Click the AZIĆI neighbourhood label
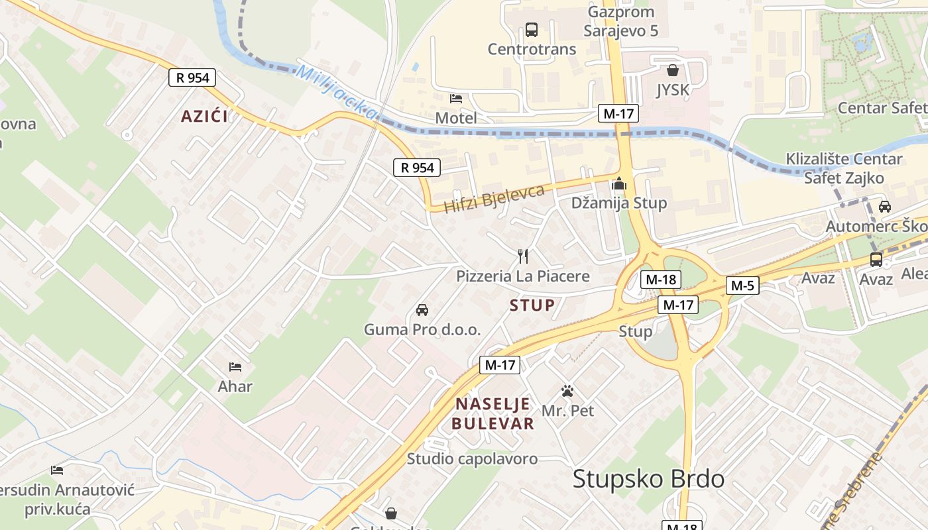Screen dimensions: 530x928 pyautogui.click(x=204, y=117)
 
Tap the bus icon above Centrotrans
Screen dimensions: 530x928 pyautogui.click(x=532, y=30)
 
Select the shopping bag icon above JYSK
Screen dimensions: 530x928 pyautogui.click(x=673, y=70)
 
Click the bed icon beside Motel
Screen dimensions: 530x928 pyautogui.click(x=456, y=99)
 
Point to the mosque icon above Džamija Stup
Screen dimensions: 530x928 pyautogui.click(x=619, y=183)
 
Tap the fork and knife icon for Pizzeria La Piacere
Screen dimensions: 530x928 pyautogui.click(x=523, y=256)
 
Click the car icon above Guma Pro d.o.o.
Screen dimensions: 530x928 pyautogui.click(x=422, y=309)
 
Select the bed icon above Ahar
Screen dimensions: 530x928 pyautogui.click(x=235, y=366)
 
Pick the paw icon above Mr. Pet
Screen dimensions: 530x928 pyautogui.click(x=567, y=391)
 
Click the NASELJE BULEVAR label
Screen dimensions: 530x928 pyautogui.click(x=493, y=413)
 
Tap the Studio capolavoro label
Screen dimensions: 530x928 pyautogui.click(x=472, y=458)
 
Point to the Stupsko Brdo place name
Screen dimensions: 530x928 pyautogui.click(x=648, y=478)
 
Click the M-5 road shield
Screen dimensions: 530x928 pyautogui.click(x=742, y=286)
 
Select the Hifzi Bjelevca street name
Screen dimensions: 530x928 pyautogui.click(x=494, y=199)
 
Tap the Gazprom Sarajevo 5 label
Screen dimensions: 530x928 pyautogui.click(x=620, y=21)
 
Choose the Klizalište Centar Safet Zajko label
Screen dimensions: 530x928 pyautogui.click(x=843, y=168)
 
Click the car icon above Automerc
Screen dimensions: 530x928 pyautogui.click(x=884, y=206)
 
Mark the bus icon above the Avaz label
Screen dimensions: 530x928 pyautogui.click(x=876, y=259)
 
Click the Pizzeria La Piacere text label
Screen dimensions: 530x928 pyautogui.click(x=522, y=276)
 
